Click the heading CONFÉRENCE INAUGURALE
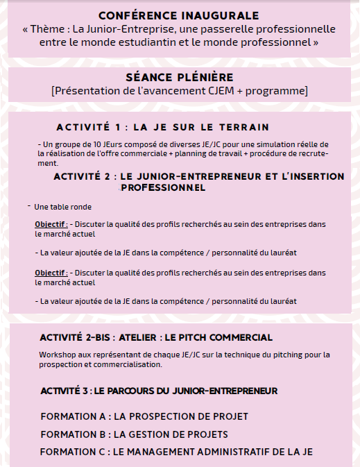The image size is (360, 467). point(179,15)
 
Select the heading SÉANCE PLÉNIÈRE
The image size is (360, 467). point(180,78)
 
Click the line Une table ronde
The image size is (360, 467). point(62,207)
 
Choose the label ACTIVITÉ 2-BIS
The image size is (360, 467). point(74,338)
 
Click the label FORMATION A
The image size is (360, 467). point(74,416)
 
